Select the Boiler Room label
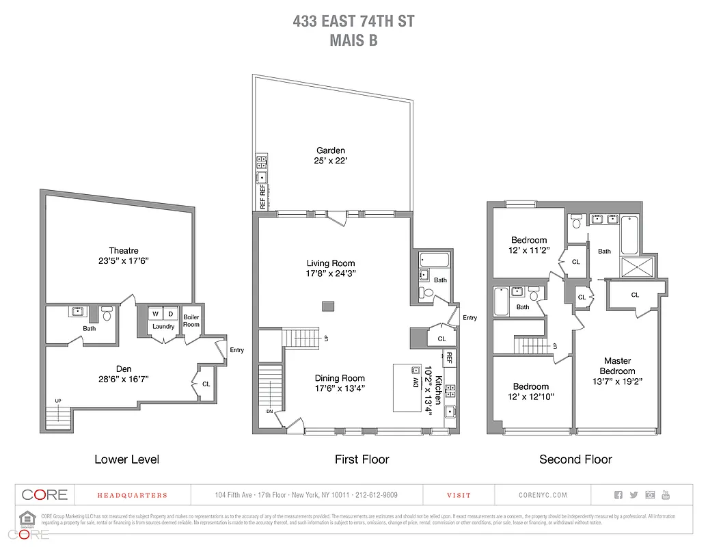pos(191,321)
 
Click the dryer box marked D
pos(172,314)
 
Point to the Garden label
pos(330,150)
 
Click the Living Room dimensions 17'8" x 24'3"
pos(330,273)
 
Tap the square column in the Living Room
pos(329,306)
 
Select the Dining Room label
pos(340,378)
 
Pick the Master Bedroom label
pos(617,366)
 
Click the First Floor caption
pos(362,459)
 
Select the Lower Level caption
pos(126,459)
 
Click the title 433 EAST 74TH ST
pos(353,21)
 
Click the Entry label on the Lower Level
pos(236,350)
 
